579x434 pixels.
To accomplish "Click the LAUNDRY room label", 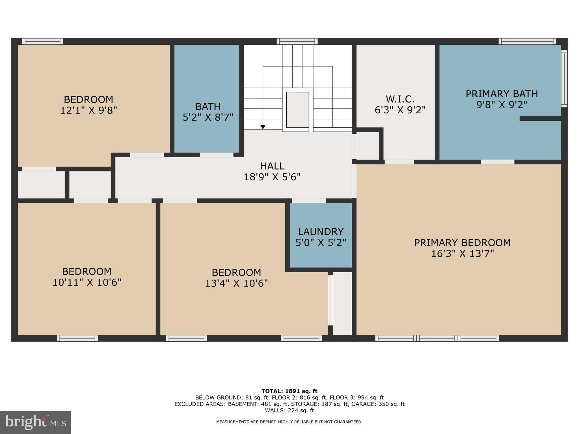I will point(321,232).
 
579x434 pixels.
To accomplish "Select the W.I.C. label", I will point(400,99).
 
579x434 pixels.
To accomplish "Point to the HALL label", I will point(272,166).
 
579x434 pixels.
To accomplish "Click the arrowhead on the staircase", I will point(263,127).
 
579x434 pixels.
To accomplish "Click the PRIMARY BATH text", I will point(502,94).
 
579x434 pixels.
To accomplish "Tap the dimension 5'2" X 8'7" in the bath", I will point(208,117).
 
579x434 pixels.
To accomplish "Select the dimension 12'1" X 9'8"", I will point(88,110).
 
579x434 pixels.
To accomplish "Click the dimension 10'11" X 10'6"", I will point(87,282).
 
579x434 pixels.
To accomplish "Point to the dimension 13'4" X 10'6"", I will point(236,283).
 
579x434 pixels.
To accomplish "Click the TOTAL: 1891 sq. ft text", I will point(289,391).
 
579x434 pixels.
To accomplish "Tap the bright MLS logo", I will point(35,422).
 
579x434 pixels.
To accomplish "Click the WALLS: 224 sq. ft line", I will point(289,411).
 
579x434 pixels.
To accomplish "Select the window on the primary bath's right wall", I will point(564,78).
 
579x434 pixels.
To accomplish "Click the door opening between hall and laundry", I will point(308,201).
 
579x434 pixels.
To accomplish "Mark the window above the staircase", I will point(297,42).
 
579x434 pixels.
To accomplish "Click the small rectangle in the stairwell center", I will point(297,110).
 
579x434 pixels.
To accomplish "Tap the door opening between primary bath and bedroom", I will point(497,162).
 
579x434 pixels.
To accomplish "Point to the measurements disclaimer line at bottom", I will point(289,422).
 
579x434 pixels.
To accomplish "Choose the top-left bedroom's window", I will point(42,42).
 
